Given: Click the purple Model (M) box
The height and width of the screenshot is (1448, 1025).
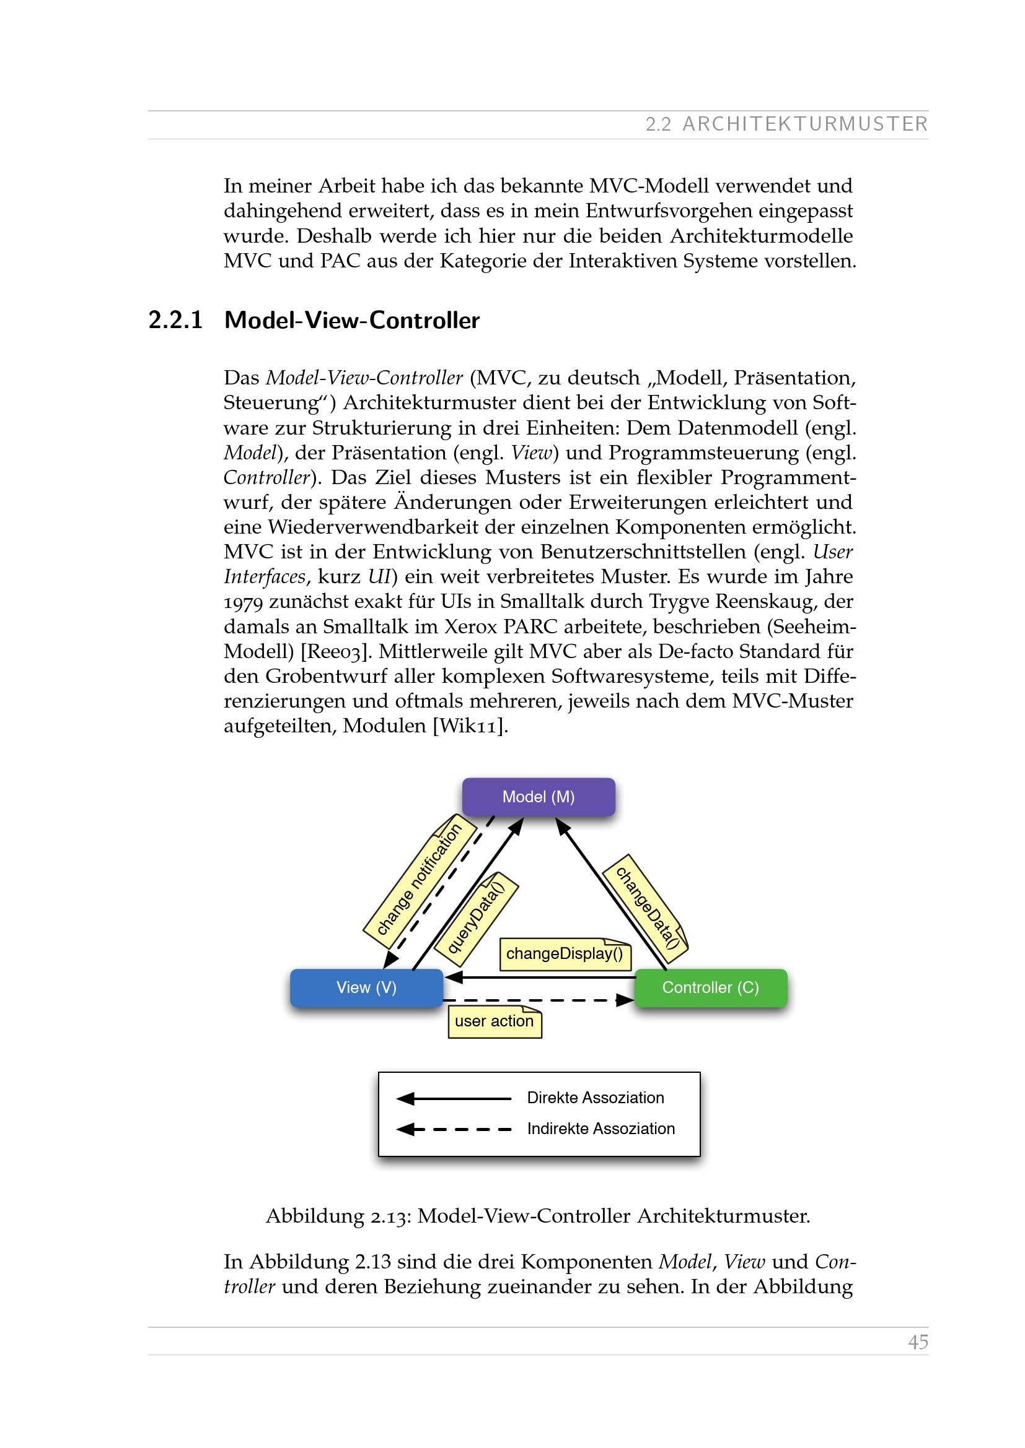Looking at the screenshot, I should pos(539,797).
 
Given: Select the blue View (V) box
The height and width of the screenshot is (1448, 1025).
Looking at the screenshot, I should pos(366,987).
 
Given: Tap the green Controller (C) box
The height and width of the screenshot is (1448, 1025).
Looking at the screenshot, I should pos(711,987).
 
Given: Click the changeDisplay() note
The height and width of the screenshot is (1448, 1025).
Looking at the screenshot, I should pos(565,953).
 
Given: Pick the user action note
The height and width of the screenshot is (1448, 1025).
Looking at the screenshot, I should pos(494,1021).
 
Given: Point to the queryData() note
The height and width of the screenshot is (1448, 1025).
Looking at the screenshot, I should pos(477,918).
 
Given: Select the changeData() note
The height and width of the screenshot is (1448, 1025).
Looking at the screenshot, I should pos(646,908).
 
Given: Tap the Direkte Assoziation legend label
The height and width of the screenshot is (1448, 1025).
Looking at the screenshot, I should pos(595,1098).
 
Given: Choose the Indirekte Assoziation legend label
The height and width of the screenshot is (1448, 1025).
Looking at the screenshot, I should pos(601,1129).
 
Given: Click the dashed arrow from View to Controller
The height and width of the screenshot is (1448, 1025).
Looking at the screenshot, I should pos(537,1000).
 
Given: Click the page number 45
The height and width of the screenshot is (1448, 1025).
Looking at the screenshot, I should pos(918,1342).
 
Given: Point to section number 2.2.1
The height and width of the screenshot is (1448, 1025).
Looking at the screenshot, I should pos(175,321).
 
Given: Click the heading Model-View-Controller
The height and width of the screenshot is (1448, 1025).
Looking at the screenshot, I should pos(351,321).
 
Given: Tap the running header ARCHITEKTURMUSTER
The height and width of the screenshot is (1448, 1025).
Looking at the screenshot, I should pos(805,124).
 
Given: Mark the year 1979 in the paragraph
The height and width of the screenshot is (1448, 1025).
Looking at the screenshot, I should pos(243,602).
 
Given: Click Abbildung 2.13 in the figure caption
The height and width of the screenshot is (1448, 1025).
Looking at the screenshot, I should pos(338,1216).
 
